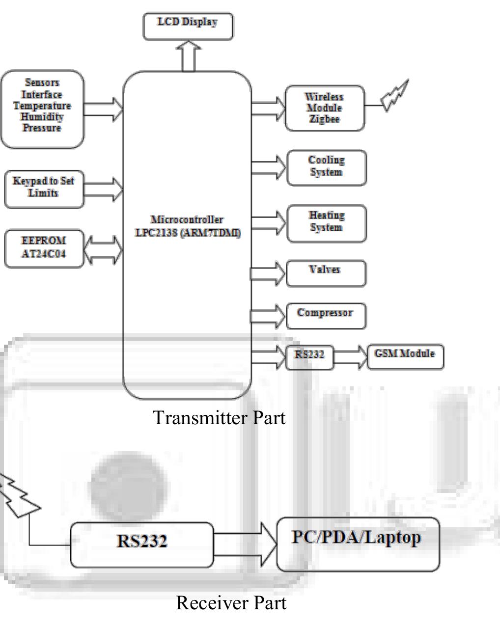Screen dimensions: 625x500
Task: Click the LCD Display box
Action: click(188, 27)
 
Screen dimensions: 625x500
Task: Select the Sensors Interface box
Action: click(42, 109)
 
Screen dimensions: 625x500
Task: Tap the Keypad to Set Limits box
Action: click(44, 189)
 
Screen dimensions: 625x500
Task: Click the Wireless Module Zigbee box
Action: click(325, 108)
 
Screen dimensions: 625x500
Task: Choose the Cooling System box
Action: click(327, 167)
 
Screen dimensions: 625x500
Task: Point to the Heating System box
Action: click(327, 223)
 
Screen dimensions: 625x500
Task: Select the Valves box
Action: click(326, 273)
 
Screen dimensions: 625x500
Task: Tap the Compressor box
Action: click(326, 315)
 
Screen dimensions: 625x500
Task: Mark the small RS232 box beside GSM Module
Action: click(309, 356)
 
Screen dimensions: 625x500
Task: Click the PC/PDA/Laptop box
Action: click(358, 543)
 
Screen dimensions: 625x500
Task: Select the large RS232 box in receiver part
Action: click(142, 544)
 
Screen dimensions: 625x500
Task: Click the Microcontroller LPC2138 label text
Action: click(187, 226)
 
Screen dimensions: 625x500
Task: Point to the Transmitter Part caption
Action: click(219, 418)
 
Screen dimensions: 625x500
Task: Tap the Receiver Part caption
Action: click(231, 602)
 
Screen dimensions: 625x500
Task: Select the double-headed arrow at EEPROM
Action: click(103, 249)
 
